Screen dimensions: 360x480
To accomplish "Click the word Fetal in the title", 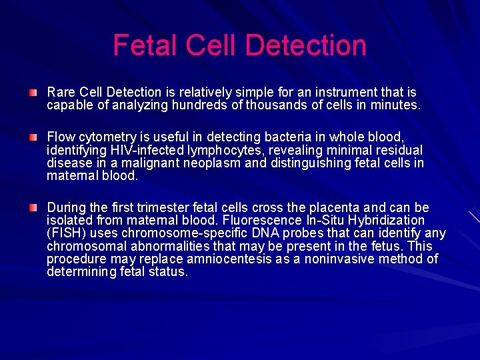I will tap(145, 45).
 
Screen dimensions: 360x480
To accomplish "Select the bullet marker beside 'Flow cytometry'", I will tap(33, 136).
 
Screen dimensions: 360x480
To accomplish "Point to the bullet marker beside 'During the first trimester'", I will tap(33, 207).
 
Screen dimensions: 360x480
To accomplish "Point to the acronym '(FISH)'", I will tap(65, 233).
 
